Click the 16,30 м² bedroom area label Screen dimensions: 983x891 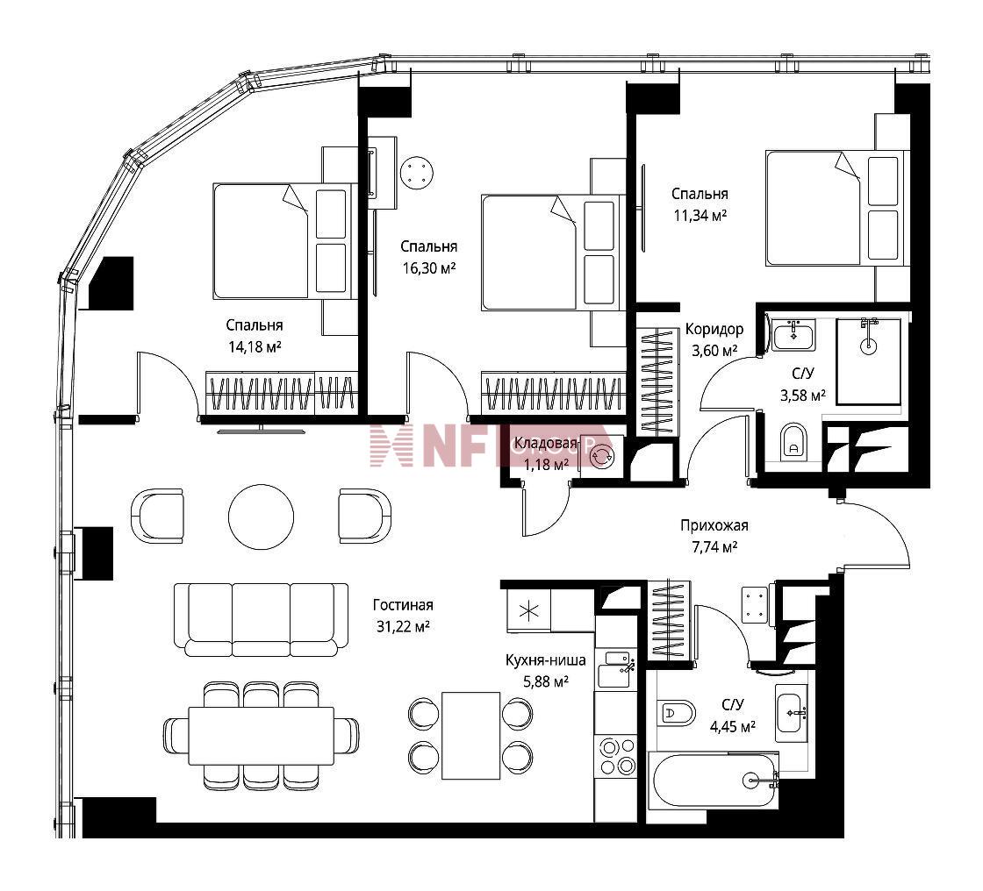429,269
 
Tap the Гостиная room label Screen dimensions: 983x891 403,604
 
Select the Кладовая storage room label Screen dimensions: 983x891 545,444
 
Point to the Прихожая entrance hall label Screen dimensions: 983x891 714,525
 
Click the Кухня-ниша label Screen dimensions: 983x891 545,659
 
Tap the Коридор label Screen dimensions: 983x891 714,329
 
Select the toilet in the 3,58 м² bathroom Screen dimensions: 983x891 793,442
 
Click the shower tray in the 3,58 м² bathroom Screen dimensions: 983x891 868,361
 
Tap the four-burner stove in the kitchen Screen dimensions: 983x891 617,756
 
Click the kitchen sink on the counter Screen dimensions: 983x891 617,670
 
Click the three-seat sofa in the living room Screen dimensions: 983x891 261,620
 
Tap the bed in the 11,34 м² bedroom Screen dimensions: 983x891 837,208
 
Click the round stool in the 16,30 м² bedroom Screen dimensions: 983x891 418,172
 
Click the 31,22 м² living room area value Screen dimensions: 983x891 403,626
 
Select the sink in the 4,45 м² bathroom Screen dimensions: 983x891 793,712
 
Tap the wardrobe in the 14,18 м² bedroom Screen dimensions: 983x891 282,393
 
